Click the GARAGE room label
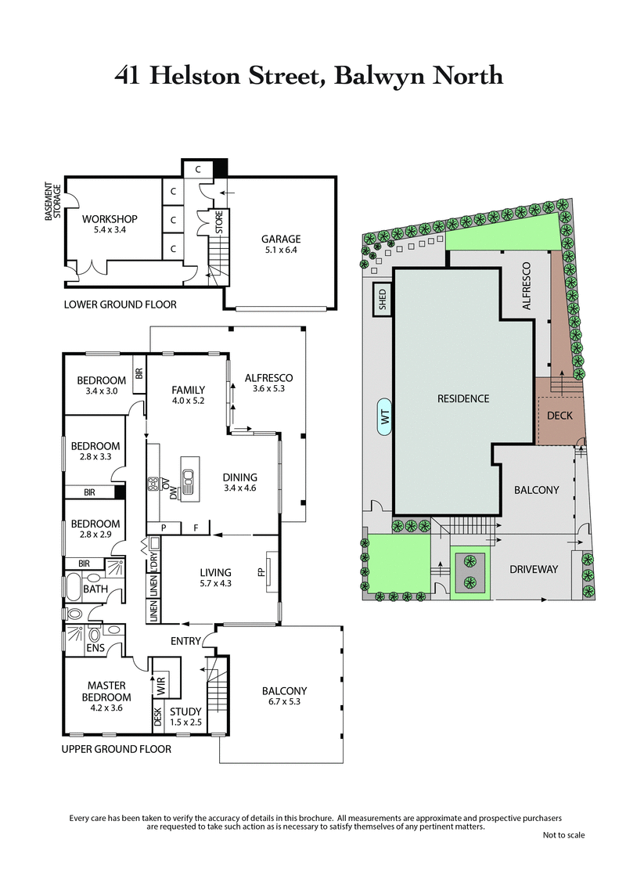click(281, 240)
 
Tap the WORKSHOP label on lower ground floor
click(110, 218)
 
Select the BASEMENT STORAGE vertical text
click(52, 201)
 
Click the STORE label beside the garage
click(219, 221)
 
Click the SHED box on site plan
click(383, 300)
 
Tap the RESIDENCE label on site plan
click(463, 398)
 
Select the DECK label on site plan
click(559, 416)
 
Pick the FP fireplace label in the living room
click(261, 573)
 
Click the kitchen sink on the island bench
click(188, 477)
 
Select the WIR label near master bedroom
click(161, 686)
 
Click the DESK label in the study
click(157, 718)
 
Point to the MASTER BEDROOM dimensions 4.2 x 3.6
click(106, 708)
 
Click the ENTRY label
click(186, 642)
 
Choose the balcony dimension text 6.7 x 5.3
click(284, 702)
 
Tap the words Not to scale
click(563, 835)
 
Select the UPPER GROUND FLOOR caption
click(116, 749)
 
